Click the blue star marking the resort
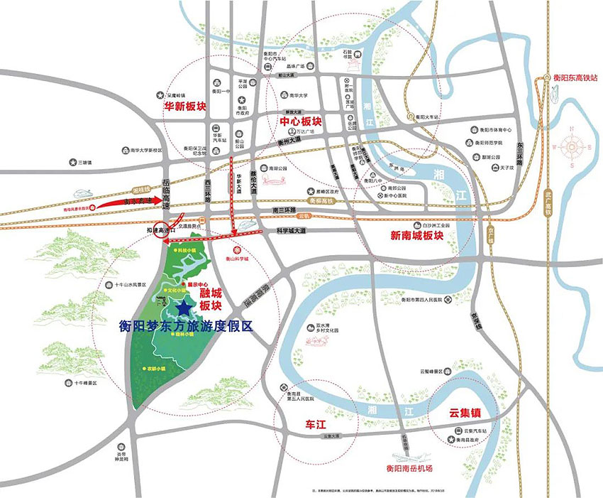184,308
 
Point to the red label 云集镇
465,411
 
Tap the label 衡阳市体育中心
492,130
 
